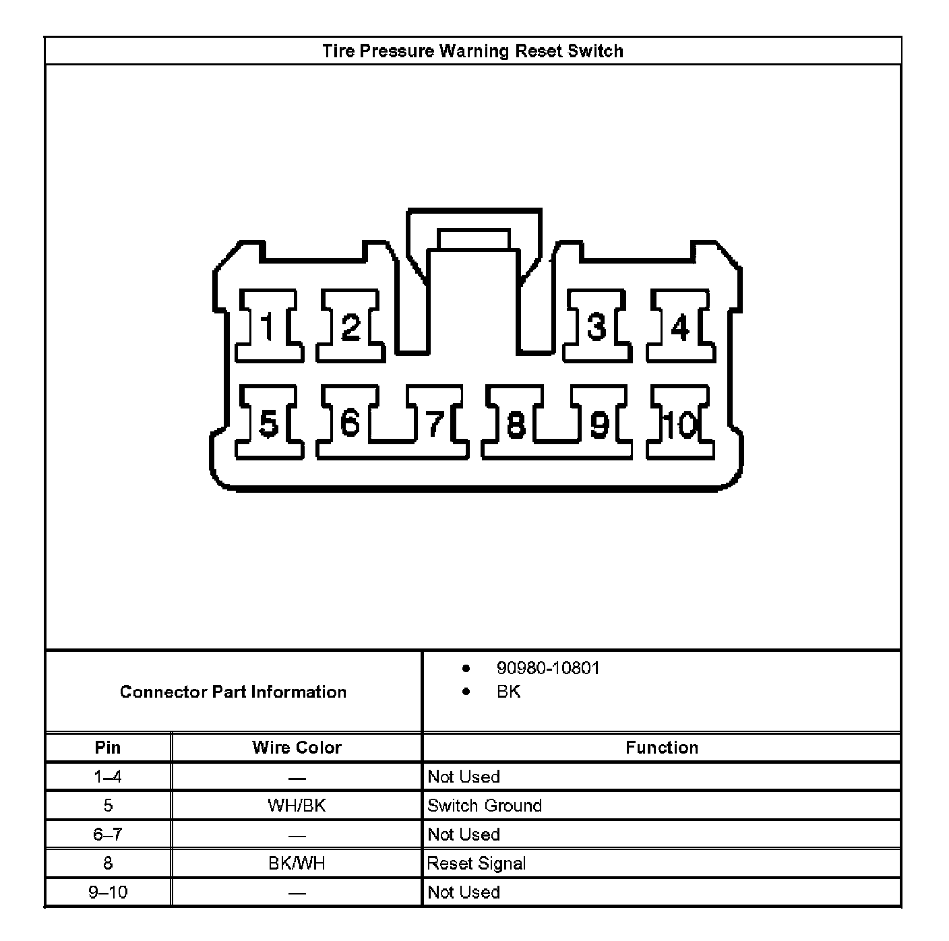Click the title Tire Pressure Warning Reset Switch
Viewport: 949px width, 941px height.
coord(472,51)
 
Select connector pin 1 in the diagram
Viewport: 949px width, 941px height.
coord(268,327)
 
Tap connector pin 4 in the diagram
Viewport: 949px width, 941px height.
coord(680,327)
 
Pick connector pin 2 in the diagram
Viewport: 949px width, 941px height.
coord(350,327)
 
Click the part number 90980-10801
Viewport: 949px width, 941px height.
coord(547,668)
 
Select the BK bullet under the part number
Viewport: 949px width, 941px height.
coord(508,692)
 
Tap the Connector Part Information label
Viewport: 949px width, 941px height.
coord(233,692)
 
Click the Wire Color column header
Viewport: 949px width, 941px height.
coord(297,748)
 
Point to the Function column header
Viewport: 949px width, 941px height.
coord(661,748)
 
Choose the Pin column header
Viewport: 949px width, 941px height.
coord(108,748)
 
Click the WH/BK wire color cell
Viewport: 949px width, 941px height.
coord(297,806)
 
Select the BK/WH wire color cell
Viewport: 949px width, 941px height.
coord(297,863)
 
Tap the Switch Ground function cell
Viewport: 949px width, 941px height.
coord(485,806)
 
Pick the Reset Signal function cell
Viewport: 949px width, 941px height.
coord(477,863)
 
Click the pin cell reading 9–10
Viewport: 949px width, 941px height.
coord(108,892)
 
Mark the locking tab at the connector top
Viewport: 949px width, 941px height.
coord(473,239)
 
